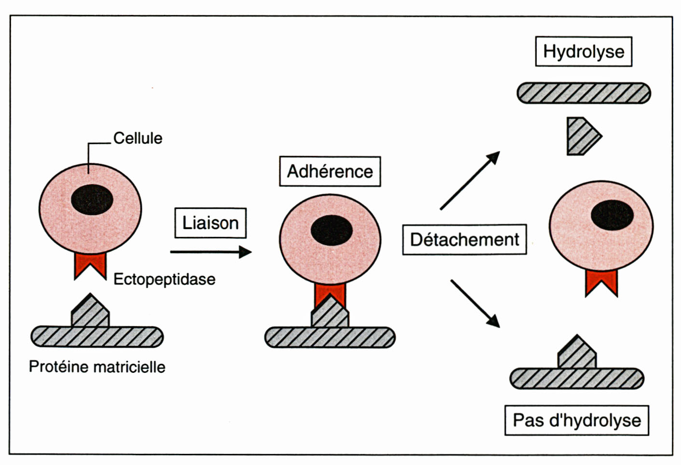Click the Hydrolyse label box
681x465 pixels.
584,52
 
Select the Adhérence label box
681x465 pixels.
330,171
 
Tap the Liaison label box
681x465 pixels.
210,223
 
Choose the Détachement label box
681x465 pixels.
464,239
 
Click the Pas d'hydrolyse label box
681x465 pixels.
577,421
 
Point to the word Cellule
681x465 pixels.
138,138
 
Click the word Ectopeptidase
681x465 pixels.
164,279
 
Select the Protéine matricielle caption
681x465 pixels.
97,367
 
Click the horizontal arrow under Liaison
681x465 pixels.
211,252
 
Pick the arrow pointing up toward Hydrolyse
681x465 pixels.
470,180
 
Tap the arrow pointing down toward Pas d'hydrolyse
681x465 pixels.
475,303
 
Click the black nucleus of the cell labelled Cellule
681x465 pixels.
92,199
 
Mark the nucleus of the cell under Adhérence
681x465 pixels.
332,230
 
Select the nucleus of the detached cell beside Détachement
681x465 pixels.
612,215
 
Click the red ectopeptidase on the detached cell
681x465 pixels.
601,281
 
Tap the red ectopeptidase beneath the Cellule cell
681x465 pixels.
90,264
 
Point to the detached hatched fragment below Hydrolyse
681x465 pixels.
582,136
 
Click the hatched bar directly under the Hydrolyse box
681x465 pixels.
584,93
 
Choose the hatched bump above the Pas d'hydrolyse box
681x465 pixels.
577,353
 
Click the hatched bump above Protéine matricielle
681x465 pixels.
90,312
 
